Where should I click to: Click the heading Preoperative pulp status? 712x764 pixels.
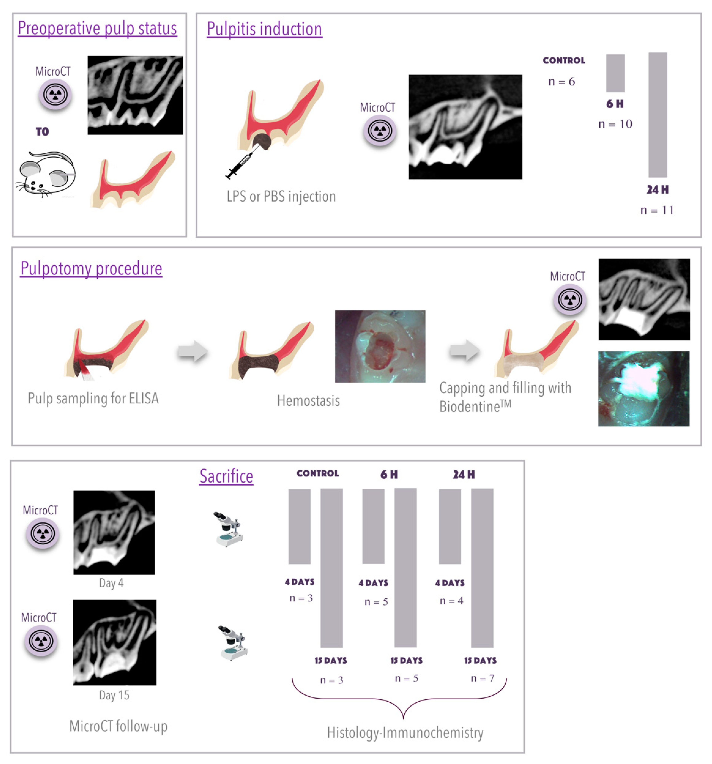(97, 28)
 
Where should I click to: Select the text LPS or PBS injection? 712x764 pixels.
(281, 197)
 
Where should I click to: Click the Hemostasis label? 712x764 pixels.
(308, 401)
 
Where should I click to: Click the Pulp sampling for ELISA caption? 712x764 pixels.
(93, 398)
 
